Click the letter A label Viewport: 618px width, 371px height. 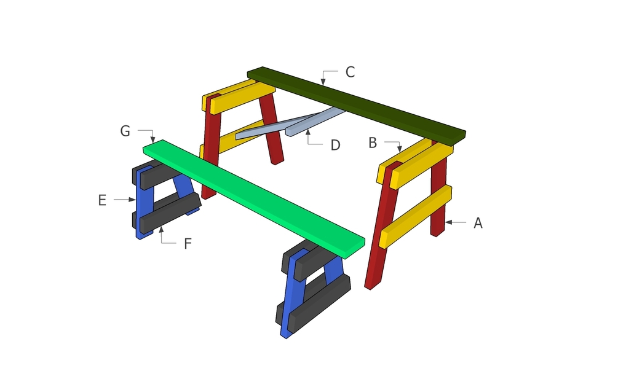click(x=478, y=223)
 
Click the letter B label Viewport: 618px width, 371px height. click(x=373, y=143)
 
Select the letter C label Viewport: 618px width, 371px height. click(x=350, y=72)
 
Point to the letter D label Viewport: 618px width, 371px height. click(x=335, y=146)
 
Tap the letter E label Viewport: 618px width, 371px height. click(x=102, y=200)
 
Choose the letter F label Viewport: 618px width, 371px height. click(x=188, y=244)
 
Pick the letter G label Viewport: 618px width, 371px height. click(x=125, y=131)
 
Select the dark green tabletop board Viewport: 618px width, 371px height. click(x=356, y=105)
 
